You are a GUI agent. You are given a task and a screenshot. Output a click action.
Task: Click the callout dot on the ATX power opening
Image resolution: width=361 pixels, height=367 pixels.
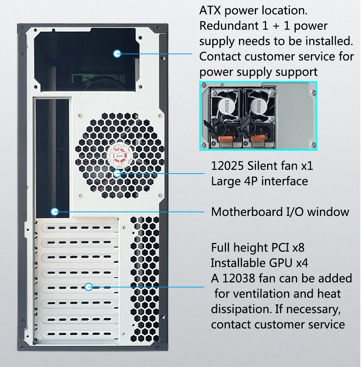click(117, 54)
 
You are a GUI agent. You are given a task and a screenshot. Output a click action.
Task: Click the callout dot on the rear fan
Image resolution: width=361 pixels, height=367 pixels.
click(117, 174)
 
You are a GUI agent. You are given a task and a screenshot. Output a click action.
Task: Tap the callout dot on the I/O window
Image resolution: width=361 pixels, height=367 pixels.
click(55, 212)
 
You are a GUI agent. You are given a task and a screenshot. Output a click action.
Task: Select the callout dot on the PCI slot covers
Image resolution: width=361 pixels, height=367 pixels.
click(89, 287)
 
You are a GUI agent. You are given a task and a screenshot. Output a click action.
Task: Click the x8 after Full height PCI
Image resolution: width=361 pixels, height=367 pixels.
click(298, 248)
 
